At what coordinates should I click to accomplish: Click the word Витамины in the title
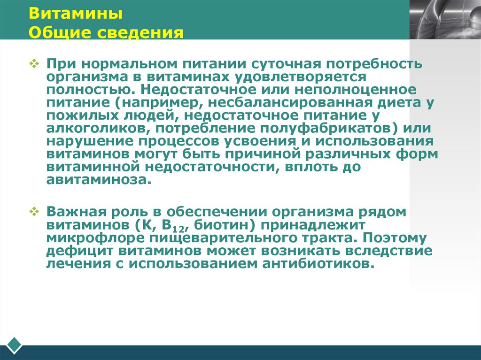[76, 14]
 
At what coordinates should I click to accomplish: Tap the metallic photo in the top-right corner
[445, 19]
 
